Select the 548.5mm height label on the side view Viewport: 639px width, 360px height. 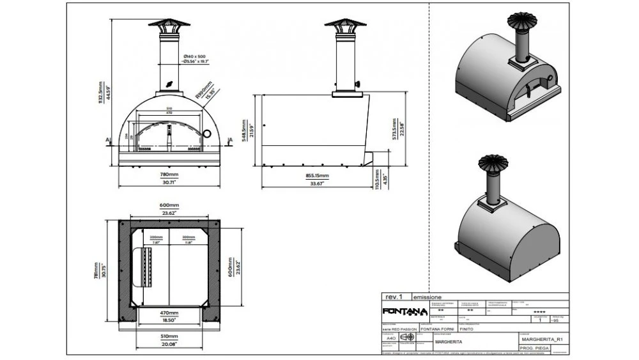[245, 131]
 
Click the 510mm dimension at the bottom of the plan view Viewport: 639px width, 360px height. [169, 337]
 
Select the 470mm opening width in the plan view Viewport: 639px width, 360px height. [169, 313]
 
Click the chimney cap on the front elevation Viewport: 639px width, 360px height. [169, 24]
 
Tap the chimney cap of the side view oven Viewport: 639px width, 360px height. [345, 23]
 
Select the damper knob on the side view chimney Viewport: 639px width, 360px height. [358, 84]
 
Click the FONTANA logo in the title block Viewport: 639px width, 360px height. [404, 311]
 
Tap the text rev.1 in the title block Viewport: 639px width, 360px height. [394, 297]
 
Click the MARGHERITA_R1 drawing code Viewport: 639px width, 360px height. [541, 339]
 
